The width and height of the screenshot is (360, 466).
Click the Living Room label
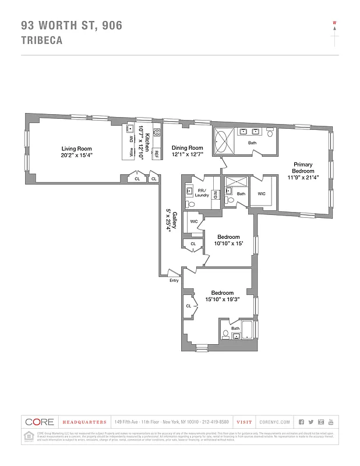[x=76, y=149]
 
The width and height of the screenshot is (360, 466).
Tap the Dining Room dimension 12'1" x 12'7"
[x=187, y=155]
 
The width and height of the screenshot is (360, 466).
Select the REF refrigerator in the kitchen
[x=156, y=154]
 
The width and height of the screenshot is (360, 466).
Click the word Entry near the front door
[x=174, y=280]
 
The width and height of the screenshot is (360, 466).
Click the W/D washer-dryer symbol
[x=215, y=195]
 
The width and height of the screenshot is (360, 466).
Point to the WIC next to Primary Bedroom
[x=262, y=194]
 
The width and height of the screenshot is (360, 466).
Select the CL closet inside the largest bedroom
[x=189, y=306]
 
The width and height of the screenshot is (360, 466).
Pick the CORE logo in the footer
[x=39, y=422]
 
